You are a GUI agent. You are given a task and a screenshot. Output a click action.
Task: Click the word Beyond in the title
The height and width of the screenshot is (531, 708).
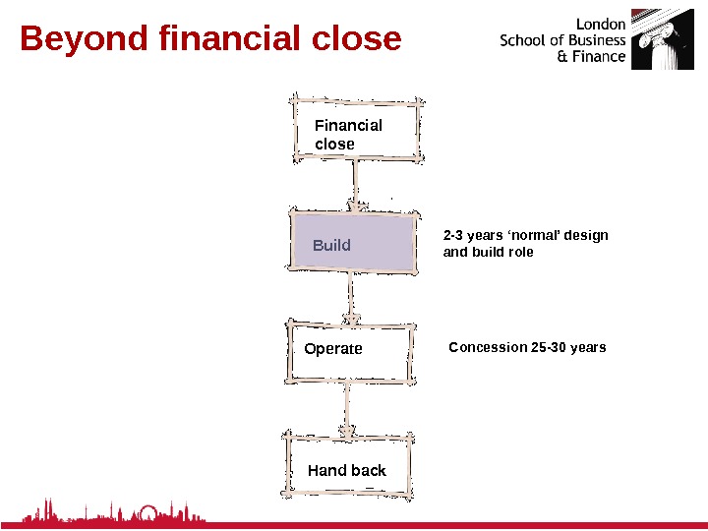click(82, 39)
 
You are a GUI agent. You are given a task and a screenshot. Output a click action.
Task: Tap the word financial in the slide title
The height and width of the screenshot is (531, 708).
click(226, 39)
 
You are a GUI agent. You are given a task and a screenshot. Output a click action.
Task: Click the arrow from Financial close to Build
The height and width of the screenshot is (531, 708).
click(354, 185)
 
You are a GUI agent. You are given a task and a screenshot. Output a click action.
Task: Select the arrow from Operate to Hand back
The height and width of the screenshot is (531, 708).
click(346, 407)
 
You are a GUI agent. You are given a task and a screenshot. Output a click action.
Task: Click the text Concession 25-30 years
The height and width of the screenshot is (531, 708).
click(527, 348)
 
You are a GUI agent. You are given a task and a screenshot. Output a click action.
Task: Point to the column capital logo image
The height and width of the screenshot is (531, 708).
click(655, 39)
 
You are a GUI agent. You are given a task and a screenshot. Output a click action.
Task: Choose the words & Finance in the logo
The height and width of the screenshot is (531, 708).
click(591, 57)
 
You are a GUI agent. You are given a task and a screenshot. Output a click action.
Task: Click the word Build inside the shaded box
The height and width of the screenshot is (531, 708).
click(331, 245)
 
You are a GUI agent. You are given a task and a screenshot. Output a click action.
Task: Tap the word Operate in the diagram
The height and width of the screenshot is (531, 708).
click(333, 349)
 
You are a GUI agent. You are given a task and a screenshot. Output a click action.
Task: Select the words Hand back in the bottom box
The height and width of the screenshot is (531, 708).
click(347, 471)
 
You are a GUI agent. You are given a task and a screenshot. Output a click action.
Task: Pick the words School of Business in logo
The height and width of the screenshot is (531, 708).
click(562, 40)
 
